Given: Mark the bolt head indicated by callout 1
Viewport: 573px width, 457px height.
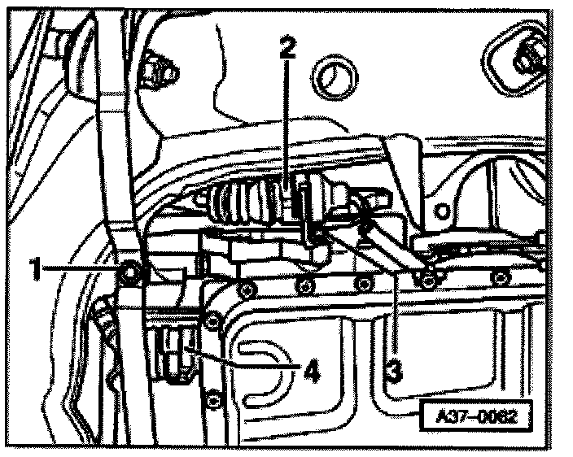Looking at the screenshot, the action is (129, 270).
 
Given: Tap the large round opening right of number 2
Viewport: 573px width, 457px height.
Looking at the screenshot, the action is (335, 80).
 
